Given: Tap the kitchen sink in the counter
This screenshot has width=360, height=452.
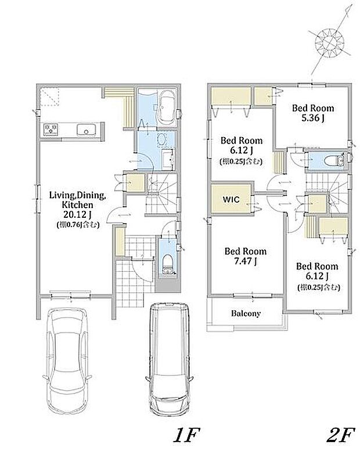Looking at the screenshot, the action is [86, 130].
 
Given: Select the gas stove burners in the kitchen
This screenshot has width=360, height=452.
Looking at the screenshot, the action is [51, 129].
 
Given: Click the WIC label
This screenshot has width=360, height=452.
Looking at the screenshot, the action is [231, 199].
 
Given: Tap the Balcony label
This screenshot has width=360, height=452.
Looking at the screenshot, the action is [246, 313].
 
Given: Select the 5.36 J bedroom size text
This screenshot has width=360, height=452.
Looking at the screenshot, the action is [313, 118].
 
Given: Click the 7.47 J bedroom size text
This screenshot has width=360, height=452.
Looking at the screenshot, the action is [246, 261].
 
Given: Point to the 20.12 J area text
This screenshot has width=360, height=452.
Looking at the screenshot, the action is [78, 214].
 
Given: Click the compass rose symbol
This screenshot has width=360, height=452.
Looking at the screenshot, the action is [330, 43].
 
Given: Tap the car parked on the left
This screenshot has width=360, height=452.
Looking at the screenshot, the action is [67, 360].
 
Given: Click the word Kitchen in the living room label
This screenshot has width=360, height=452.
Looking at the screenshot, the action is [77, 205].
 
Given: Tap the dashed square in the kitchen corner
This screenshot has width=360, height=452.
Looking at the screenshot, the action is [49, 97].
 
